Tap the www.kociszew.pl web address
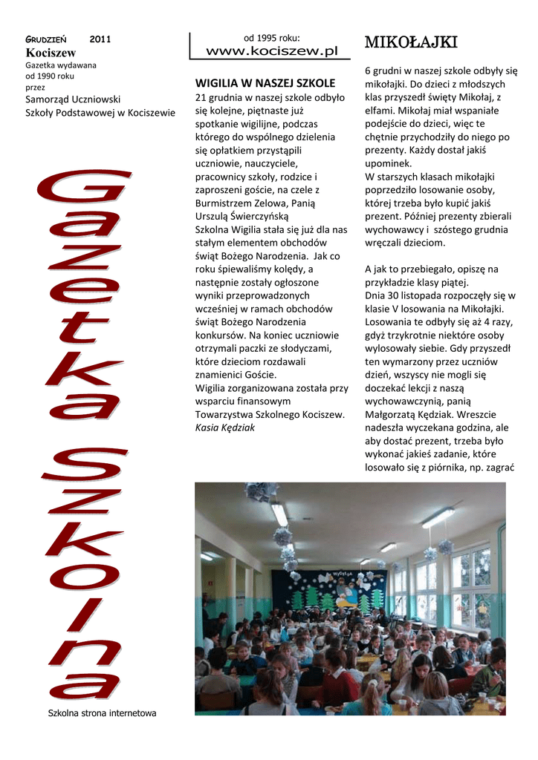tap(271, 50)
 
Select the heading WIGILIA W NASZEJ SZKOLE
tap(265, 83)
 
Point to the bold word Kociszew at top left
tap(51, 52)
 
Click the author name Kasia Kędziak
tap(225, 427)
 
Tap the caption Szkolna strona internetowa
tap(102, 713)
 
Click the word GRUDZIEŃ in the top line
tap(47, 39)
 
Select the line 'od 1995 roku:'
tap(271, 37)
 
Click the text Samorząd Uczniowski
tap(73, 99)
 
